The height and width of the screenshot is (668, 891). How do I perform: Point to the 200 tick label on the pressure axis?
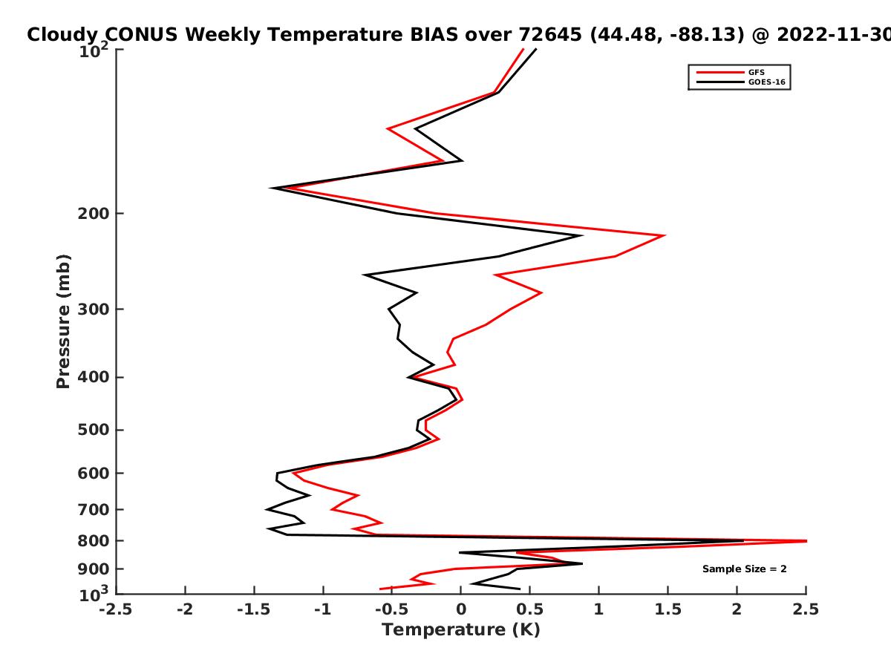[x=94, y=214]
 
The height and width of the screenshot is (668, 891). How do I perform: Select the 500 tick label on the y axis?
[x=94, y=430]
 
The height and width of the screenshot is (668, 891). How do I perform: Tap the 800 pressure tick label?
[x=94, y=541]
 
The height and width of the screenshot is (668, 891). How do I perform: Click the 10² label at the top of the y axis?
[x=94, y=50]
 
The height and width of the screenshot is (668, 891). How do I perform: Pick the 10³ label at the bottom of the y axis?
[x=94, y=594]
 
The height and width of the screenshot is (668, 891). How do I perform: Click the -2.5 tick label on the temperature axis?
[x=116, y=610]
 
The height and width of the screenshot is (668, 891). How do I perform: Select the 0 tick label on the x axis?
[x=461, y=610]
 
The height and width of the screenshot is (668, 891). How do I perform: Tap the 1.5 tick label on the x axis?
[x=668, y=610]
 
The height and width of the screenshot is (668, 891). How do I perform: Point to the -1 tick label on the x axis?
[x=323, y=610]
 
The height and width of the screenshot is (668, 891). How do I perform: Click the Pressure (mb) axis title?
[x=63, y=321]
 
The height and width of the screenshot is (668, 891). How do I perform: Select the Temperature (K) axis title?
[x=461, y=630]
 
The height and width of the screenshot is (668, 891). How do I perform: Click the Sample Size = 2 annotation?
[x=745, y=569]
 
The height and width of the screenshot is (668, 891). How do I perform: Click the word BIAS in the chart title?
[x=434, y=35]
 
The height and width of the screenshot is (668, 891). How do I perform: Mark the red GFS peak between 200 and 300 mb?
[x=665, y=235]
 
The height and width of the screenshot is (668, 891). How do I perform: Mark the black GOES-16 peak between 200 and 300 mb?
[x=582, y=235]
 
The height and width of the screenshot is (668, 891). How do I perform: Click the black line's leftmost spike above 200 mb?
[x=271, y=189]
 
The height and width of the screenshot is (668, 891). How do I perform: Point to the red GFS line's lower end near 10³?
[x=380, y=589]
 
